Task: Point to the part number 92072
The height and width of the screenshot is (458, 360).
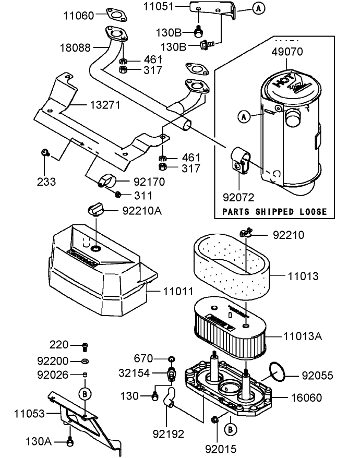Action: click(239, 198)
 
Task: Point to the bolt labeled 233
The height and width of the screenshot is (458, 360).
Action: click(45, 152)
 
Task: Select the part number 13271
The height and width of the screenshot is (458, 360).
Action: click(104, 105)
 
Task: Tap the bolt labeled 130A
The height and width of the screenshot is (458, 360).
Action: click(70, 442)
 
